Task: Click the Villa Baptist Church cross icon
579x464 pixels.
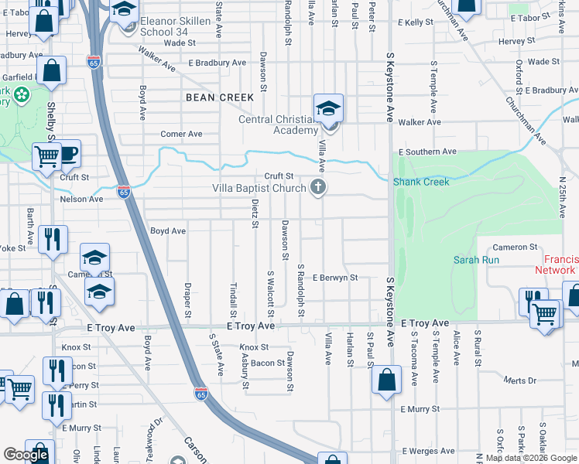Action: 317,186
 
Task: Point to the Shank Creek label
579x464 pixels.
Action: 421,182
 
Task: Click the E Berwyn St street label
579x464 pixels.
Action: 335,277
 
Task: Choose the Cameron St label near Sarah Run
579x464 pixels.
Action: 515,247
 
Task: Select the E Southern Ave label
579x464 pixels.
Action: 427,152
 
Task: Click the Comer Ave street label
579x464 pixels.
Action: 176,134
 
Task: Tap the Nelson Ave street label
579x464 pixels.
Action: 81,199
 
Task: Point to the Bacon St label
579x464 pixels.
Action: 269,363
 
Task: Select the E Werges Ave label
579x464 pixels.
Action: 427,451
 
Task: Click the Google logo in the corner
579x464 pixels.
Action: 26,455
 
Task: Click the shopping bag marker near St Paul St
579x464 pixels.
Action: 385,380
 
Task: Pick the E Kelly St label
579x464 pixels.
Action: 416,22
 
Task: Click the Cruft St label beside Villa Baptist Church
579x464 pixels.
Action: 279,176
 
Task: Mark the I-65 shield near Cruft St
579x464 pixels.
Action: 123,191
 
